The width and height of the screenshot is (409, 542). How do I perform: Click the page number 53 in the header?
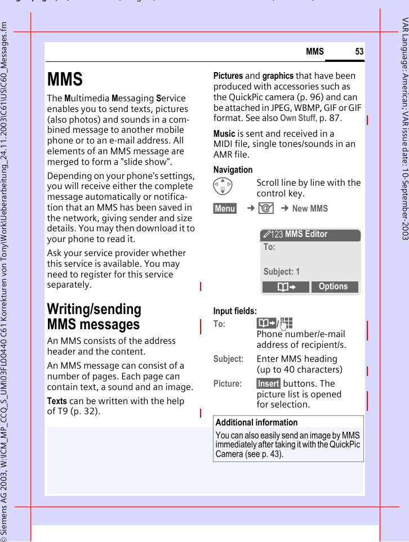(359, 52)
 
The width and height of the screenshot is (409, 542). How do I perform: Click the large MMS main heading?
(65, 79)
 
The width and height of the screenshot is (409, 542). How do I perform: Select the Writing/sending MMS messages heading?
(94, 317)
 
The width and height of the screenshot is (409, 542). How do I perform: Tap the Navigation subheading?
(233, 169)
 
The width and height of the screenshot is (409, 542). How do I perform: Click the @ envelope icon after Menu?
(266, 209)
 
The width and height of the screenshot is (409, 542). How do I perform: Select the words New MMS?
(310, 209)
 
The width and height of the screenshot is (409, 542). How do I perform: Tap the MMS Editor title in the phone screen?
(306, 234)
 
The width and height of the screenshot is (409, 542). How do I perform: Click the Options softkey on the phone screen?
(334, 286)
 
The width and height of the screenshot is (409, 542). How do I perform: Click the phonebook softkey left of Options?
(286, 286)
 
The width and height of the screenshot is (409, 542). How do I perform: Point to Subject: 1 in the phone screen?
(282, 271)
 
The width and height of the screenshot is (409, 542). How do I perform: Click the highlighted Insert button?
(268, 384)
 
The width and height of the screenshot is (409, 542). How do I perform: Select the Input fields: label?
(235, 311)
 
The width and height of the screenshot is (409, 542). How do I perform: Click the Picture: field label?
(227, 384)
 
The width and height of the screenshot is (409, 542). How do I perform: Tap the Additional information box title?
(256, 423)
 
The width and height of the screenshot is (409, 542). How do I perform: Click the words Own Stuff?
(298, 118)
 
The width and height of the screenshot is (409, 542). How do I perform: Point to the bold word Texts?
(57, 401)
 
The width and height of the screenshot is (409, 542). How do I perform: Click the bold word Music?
(224, 134)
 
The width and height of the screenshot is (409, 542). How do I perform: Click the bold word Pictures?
(228, 76)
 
